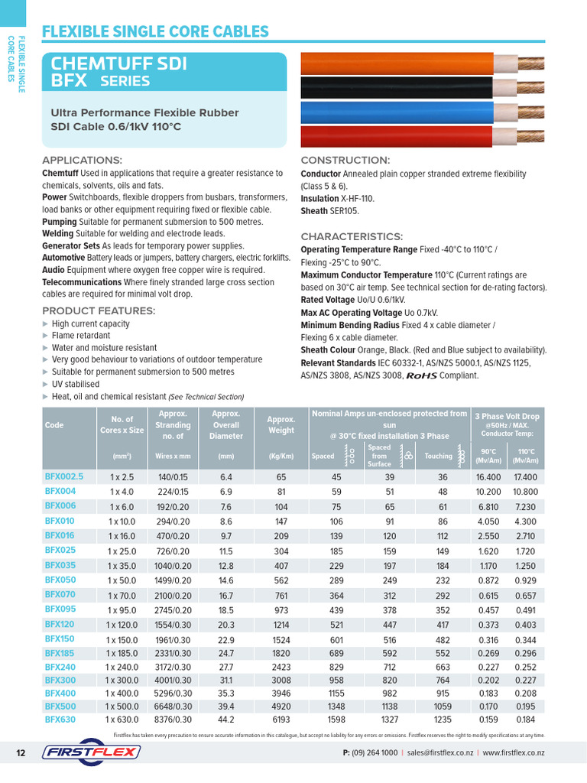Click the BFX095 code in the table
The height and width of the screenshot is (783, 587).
60,609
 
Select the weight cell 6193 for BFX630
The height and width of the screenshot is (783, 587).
281,720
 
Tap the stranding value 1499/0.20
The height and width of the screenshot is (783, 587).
174,580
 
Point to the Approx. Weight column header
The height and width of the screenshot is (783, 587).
281,425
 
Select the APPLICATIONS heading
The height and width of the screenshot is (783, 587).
82,160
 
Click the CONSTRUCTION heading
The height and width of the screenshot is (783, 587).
345,160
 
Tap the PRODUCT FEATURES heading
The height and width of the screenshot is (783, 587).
99,310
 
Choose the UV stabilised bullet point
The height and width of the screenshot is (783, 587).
75,384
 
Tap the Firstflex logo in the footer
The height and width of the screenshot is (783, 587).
91,752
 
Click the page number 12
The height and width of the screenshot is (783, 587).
21,753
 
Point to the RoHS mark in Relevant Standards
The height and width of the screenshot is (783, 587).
425,375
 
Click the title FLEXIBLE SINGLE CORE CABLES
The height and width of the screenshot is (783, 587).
155,31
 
